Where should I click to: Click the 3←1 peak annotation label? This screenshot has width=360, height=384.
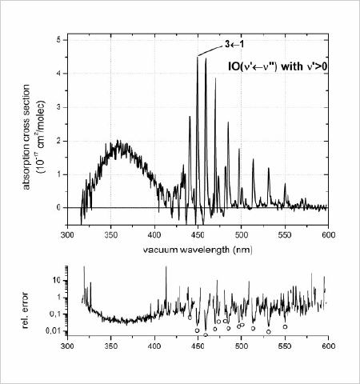[234, 44]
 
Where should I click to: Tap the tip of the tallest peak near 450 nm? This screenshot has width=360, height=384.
[198, 57]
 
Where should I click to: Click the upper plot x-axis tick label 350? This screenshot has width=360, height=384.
[111, 235]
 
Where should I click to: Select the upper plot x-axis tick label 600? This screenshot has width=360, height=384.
[328, 235]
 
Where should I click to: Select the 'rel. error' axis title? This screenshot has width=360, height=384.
[26, 310]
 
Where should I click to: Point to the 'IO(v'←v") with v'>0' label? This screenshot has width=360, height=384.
[278, 66]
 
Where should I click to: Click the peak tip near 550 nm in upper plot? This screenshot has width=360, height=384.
[285, 183]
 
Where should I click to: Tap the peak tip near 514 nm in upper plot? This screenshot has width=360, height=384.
[253, 159]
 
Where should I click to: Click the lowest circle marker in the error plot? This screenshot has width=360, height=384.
[206, 335]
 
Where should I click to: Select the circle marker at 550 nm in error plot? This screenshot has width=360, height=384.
[285, 326]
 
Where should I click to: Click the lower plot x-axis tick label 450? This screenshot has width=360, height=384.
[198, 346]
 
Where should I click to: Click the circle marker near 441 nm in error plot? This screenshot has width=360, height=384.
[190, 318]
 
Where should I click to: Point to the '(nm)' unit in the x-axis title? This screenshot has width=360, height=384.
[242, 250]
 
